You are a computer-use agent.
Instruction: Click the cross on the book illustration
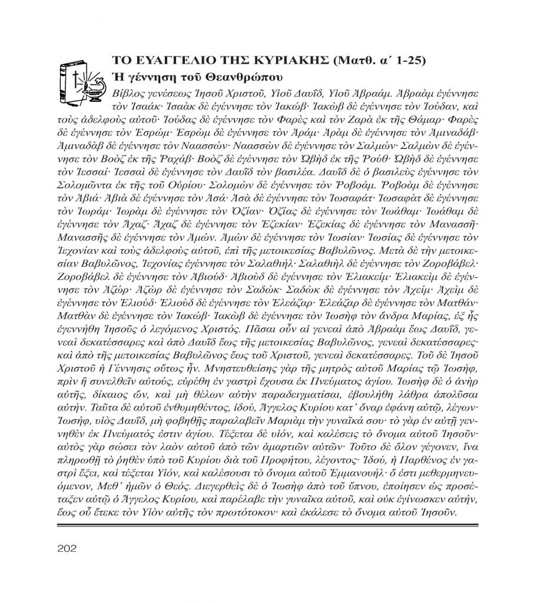point(76,77)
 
